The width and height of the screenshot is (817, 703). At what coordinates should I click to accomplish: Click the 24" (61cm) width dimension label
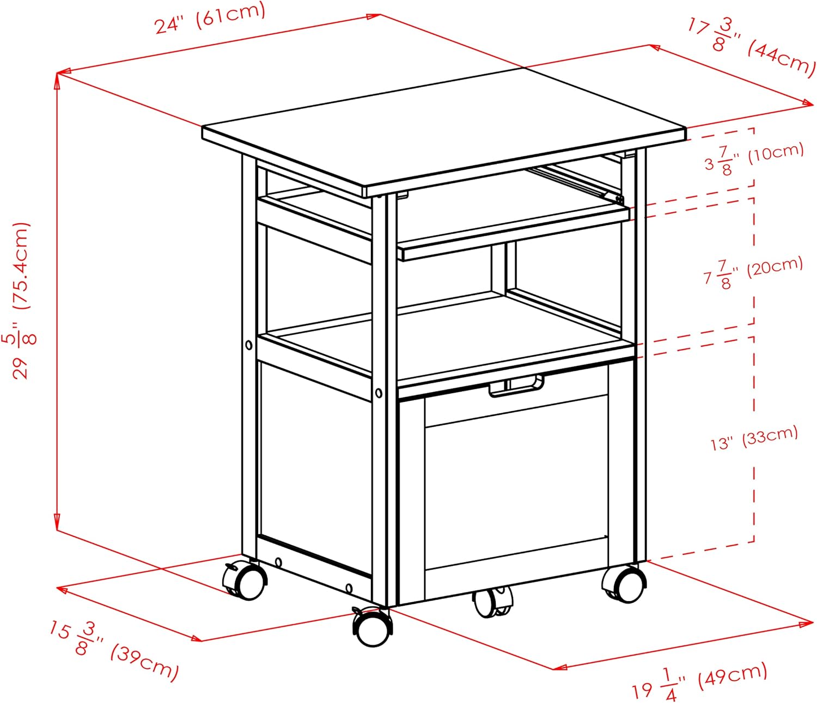[210, 18]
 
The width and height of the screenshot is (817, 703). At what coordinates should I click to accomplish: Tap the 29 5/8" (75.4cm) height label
[22, 301]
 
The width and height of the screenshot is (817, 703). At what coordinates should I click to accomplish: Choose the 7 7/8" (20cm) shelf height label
[753, 272]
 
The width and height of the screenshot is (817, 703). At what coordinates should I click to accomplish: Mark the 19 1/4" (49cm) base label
[699, 680]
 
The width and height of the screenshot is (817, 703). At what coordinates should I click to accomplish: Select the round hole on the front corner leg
[379, 393]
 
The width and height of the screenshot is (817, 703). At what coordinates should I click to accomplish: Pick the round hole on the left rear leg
[248, 345]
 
